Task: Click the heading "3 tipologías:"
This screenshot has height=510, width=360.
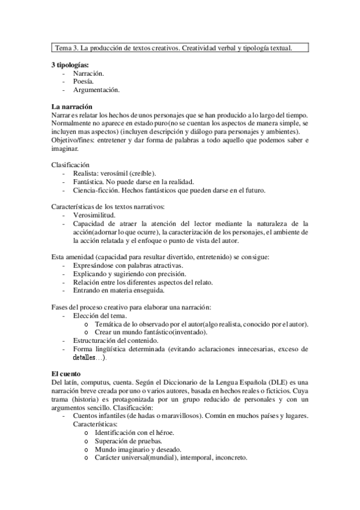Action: (70, 64)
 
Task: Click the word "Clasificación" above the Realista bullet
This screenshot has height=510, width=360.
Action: (71, 165)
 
